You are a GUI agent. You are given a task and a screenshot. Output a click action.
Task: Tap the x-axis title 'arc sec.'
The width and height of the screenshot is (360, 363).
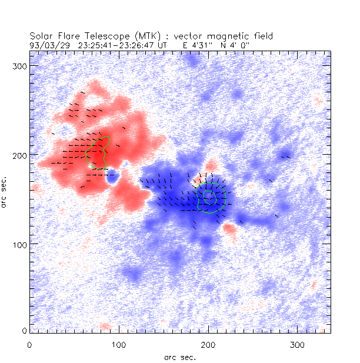click(179, 357)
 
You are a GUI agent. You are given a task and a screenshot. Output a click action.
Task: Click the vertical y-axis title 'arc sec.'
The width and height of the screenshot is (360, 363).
click(6, 191)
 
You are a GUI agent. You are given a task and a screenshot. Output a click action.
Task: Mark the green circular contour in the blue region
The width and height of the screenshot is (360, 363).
click(211, 198)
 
